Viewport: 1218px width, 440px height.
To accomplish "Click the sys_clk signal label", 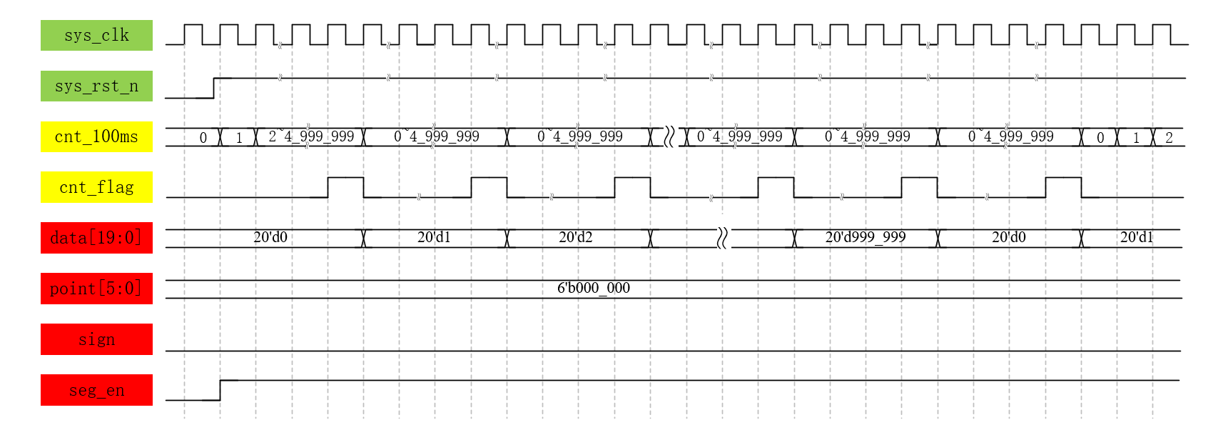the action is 96,35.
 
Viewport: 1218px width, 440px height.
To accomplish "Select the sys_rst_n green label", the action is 96,86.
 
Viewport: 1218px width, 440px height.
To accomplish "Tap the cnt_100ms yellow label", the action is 96,136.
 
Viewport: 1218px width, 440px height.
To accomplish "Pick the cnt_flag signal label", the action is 96,187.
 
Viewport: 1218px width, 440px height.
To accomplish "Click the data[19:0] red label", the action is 96,238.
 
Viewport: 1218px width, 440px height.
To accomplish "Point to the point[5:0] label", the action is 96,289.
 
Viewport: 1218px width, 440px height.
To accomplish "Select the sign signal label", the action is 96,339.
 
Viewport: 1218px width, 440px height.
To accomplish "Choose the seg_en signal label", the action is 96,390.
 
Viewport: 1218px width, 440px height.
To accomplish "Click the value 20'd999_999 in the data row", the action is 866,237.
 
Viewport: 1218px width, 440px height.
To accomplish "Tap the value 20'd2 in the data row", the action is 576,237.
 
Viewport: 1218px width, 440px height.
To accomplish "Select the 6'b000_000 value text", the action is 594,288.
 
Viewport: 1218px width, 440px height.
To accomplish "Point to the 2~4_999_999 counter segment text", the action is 311,136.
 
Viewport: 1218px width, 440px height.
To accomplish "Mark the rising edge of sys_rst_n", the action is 214,88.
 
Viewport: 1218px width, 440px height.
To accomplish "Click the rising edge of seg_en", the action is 220,390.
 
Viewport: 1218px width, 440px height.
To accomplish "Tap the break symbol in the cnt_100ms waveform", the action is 669,136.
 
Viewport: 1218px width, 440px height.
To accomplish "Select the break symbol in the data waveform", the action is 722,238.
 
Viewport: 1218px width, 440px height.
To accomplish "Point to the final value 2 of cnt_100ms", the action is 1169,138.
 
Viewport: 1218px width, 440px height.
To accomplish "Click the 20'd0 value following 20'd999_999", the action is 1009,237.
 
